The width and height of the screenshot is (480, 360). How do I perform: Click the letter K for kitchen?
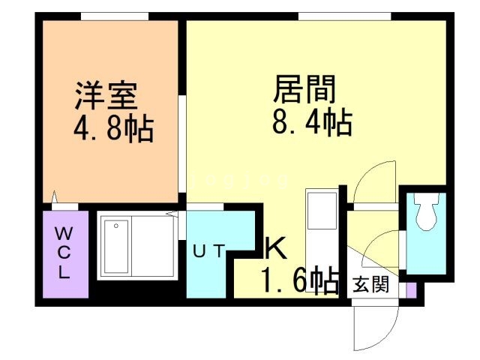[x=274, y=248]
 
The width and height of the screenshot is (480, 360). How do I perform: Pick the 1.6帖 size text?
[x=298, y=280]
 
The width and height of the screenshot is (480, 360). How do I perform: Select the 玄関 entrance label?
[x=372, y=285]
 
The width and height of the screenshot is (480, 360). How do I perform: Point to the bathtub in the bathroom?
[x=116, y=246]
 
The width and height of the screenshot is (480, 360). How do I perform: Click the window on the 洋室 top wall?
[x=113, y=16]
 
